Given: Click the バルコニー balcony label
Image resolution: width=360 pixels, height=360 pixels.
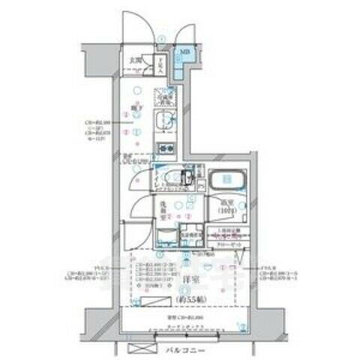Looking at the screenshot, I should pos(179,349).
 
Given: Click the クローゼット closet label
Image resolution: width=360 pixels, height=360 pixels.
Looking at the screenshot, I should pos(226,244).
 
